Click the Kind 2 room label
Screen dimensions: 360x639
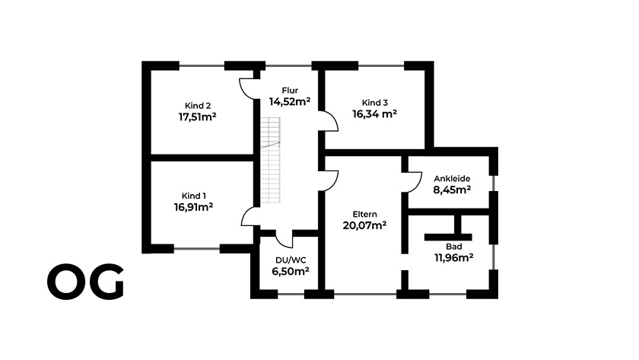(198, 105)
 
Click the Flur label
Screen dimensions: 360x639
(290, 91)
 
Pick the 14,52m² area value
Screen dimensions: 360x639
(290, 101)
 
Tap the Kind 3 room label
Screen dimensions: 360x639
(375, 103)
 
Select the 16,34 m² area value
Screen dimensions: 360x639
(375, 114)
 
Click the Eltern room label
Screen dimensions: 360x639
(365, 214)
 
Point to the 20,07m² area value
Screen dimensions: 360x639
(365, 225)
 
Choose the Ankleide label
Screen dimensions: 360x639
(452, 179)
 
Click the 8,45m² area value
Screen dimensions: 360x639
(452, 190)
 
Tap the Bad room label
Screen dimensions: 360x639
(454, 247)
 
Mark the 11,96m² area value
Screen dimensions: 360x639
(453, 258)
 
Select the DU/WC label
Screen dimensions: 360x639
(289, 260)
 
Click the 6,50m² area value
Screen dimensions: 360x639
(289, 271)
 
